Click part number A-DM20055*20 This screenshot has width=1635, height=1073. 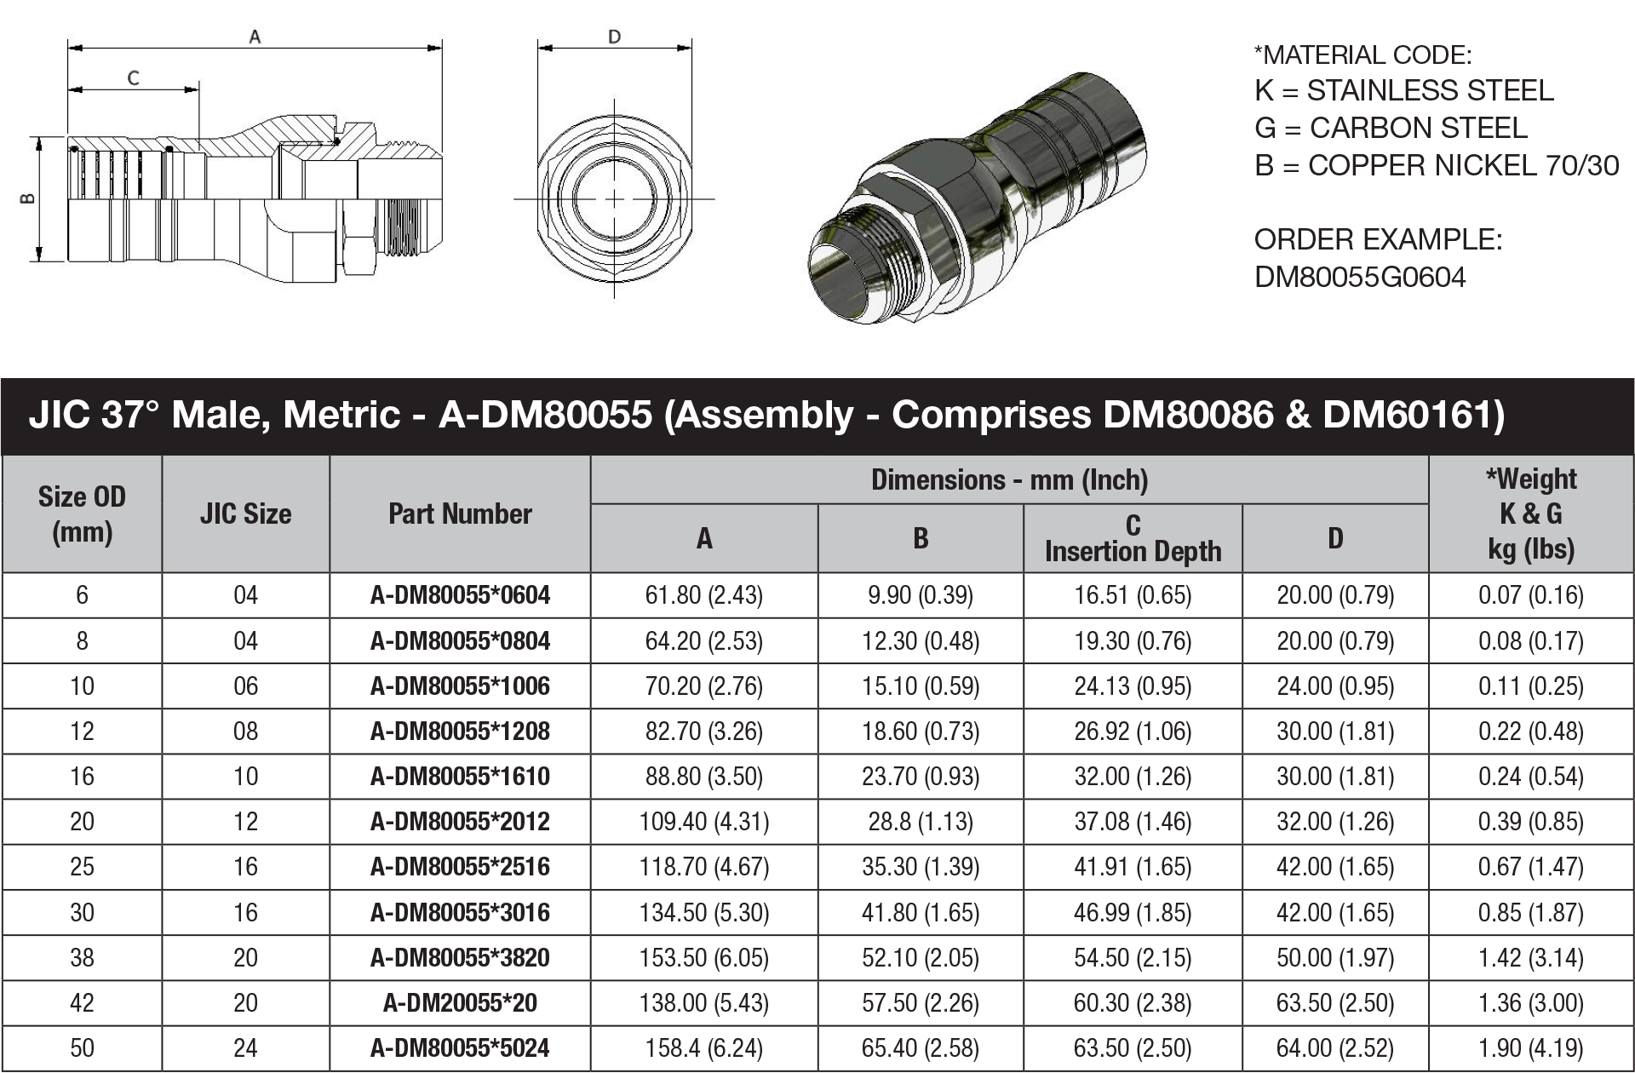coord(460,1003)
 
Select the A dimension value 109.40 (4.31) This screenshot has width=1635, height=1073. coord(703,822)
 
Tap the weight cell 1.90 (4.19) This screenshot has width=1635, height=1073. coord(1530,1048)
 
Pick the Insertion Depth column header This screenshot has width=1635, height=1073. coord(1133,539)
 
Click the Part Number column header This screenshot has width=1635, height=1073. coord(460,514)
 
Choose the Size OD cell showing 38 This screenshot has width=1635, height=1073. coord(82,958)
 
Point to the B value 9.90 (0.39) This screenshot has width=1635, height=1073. coord(920,595)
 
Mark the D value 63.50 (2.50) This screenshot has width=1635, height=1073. coord(1334,1003)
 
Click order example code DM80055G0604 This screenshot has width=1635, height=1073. coord(1360,278)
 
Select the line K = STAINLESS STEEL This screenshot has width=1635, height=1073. coord(1403,90)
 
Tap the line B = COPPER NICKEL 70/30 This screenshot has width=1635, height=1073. coord(1436,165)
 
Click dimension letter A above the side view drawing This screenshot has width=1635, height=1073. coord(254,37)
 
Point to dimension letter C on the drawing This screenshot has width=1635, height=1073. coord(134,78)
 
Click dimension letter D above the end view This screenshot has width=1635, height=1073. coord(614,37)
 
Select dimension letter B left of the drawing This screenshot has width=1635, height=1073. coord(27,199)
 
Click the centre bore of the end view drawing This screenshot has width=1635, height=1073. coord(614,199)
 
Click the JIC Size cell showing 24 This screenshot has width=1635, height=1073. coord(245,1048)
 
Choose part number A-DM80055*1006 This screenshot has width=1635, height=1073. coord(460,686)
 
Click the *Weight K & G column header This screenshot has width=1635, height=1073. coord(1530,514)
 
